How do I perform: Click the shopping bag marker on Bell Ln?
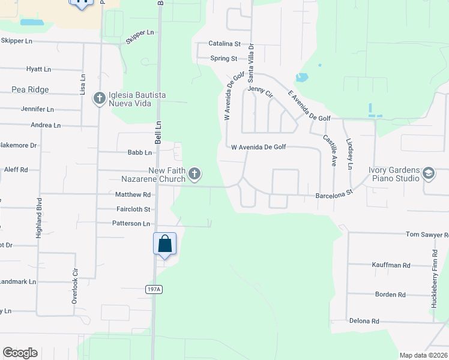click(165, 244)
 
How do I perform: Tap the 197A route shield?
click(154, 289)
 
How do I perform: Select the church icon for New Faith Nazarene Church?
click(194, 174)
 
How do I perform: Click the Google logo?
click(20, 353)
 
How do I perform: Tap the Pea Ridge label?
click(30, 89)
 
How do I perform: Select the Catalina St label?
click(224, 44)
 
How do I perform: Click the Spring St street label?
click(224, 58)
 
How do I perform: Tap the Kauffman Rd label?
click(390, 265)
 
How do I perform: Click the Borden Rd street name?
click(390, 295)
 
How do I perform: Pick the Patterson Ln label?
click(131, 223)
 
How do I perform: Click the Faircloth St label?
click(134, 209)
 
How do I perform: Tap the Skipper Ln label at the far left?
click(16, 41)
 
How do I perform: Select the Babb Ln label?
click(139, 152)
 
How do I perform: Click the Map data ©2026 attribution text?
click(423, 355)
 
